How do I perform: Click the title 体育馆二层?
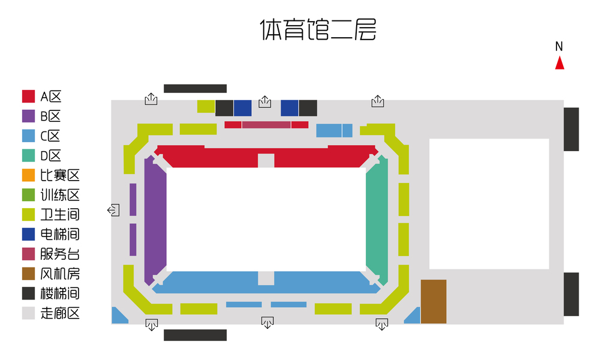click(318, 29)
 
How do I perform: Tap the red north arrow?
click(559, 63)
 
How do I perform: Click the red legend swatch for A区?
click(28, 96)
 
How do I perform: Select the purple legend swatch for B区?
click(28, 116)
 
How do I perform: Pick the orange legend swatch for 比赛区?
click(28, 175)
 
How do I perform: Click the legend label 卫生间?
click(59, 215)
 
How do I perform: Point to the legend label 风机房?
click(59, 274)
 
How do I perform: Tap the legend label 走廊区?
click(59, 313)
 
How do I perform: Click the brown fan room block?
click(434, 301)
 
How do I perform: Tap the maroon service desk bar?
click(266, 125)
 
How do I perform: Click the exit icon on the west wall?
click(114, 210)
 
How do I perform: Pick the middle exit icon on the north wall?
click(264, 103)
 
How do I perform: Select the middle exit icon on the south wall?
click(267, 323)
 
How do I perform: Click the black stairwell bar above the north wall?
click(195, 88)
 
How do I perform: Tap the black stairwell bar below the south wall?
click(195, 335)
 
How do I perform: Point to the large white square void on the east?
click(489, 204)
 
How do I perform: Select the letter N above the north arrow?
click(559, 46)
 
